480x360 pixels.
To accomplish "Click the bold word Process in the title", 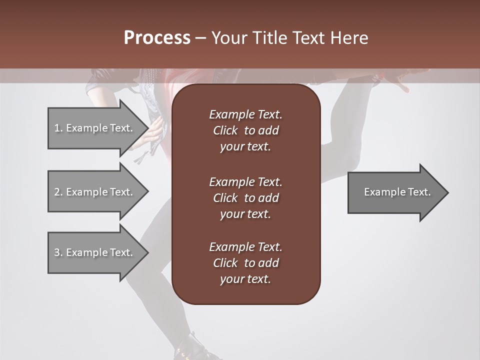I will pos(157,38).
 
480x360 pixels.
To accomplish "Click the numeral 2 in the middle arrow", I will pos(57,192).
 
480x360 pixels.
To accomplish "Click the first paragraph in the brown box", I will pos(245,130).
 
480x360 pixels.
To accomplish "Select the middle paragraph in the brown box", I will pos(245,197).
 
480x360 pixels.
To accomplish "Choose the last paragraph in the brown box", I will pos(245,263).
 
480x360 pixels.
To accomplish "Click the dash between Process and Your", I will pos(200,38).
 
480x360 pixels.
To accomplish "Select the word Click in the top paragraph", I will pos(225,131).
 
